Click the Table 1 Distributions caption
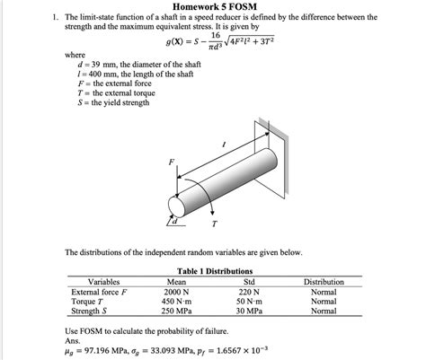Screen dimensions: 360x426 tap(215, 270)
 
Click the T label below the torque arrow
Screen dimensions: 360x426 tap(213, 224)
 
